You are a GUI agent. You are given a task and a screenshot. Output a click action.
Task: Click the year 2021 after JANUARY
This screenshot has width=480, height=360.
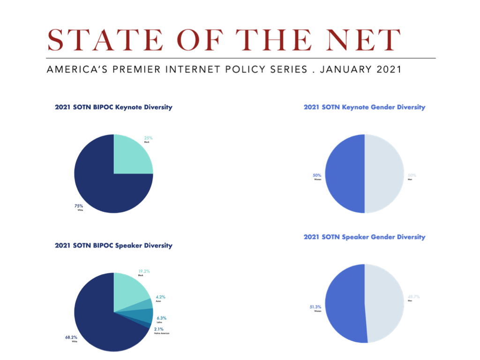pos(389,69)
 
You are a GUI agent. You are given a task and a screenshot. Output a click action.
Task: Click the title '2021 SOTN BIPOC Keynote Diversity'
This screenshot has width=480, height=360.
pos(113,107)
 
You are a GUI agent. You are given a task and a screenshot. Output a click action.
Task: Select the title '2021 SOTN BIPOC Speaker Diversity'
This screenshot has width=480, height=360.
pos(113,246)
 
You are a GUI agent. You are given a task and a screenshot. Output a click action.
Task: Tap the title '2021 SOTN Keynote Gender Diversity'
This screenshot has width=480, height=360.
pos(364,107)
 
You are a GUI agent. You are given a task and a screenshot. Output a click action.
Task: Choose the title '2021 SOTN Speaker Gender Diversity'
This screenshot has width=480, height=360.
pos(364,237)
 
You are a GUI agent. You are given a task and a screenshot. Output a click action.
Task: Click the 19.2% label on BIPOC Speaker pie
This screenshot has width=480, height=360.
pos(144,271)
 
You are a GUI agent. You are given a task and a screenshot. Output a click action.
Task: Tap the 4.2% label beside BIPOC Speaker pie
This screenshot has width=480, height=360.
pos(160,297)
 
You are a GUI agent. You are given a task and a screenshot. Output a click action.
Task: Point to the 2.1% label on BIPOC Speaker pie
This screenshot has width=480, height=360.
pos(159,329)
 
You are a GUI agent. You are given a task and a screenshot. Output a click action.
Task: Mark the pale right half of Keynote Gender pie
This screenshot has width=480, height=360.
pos(384,174)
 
